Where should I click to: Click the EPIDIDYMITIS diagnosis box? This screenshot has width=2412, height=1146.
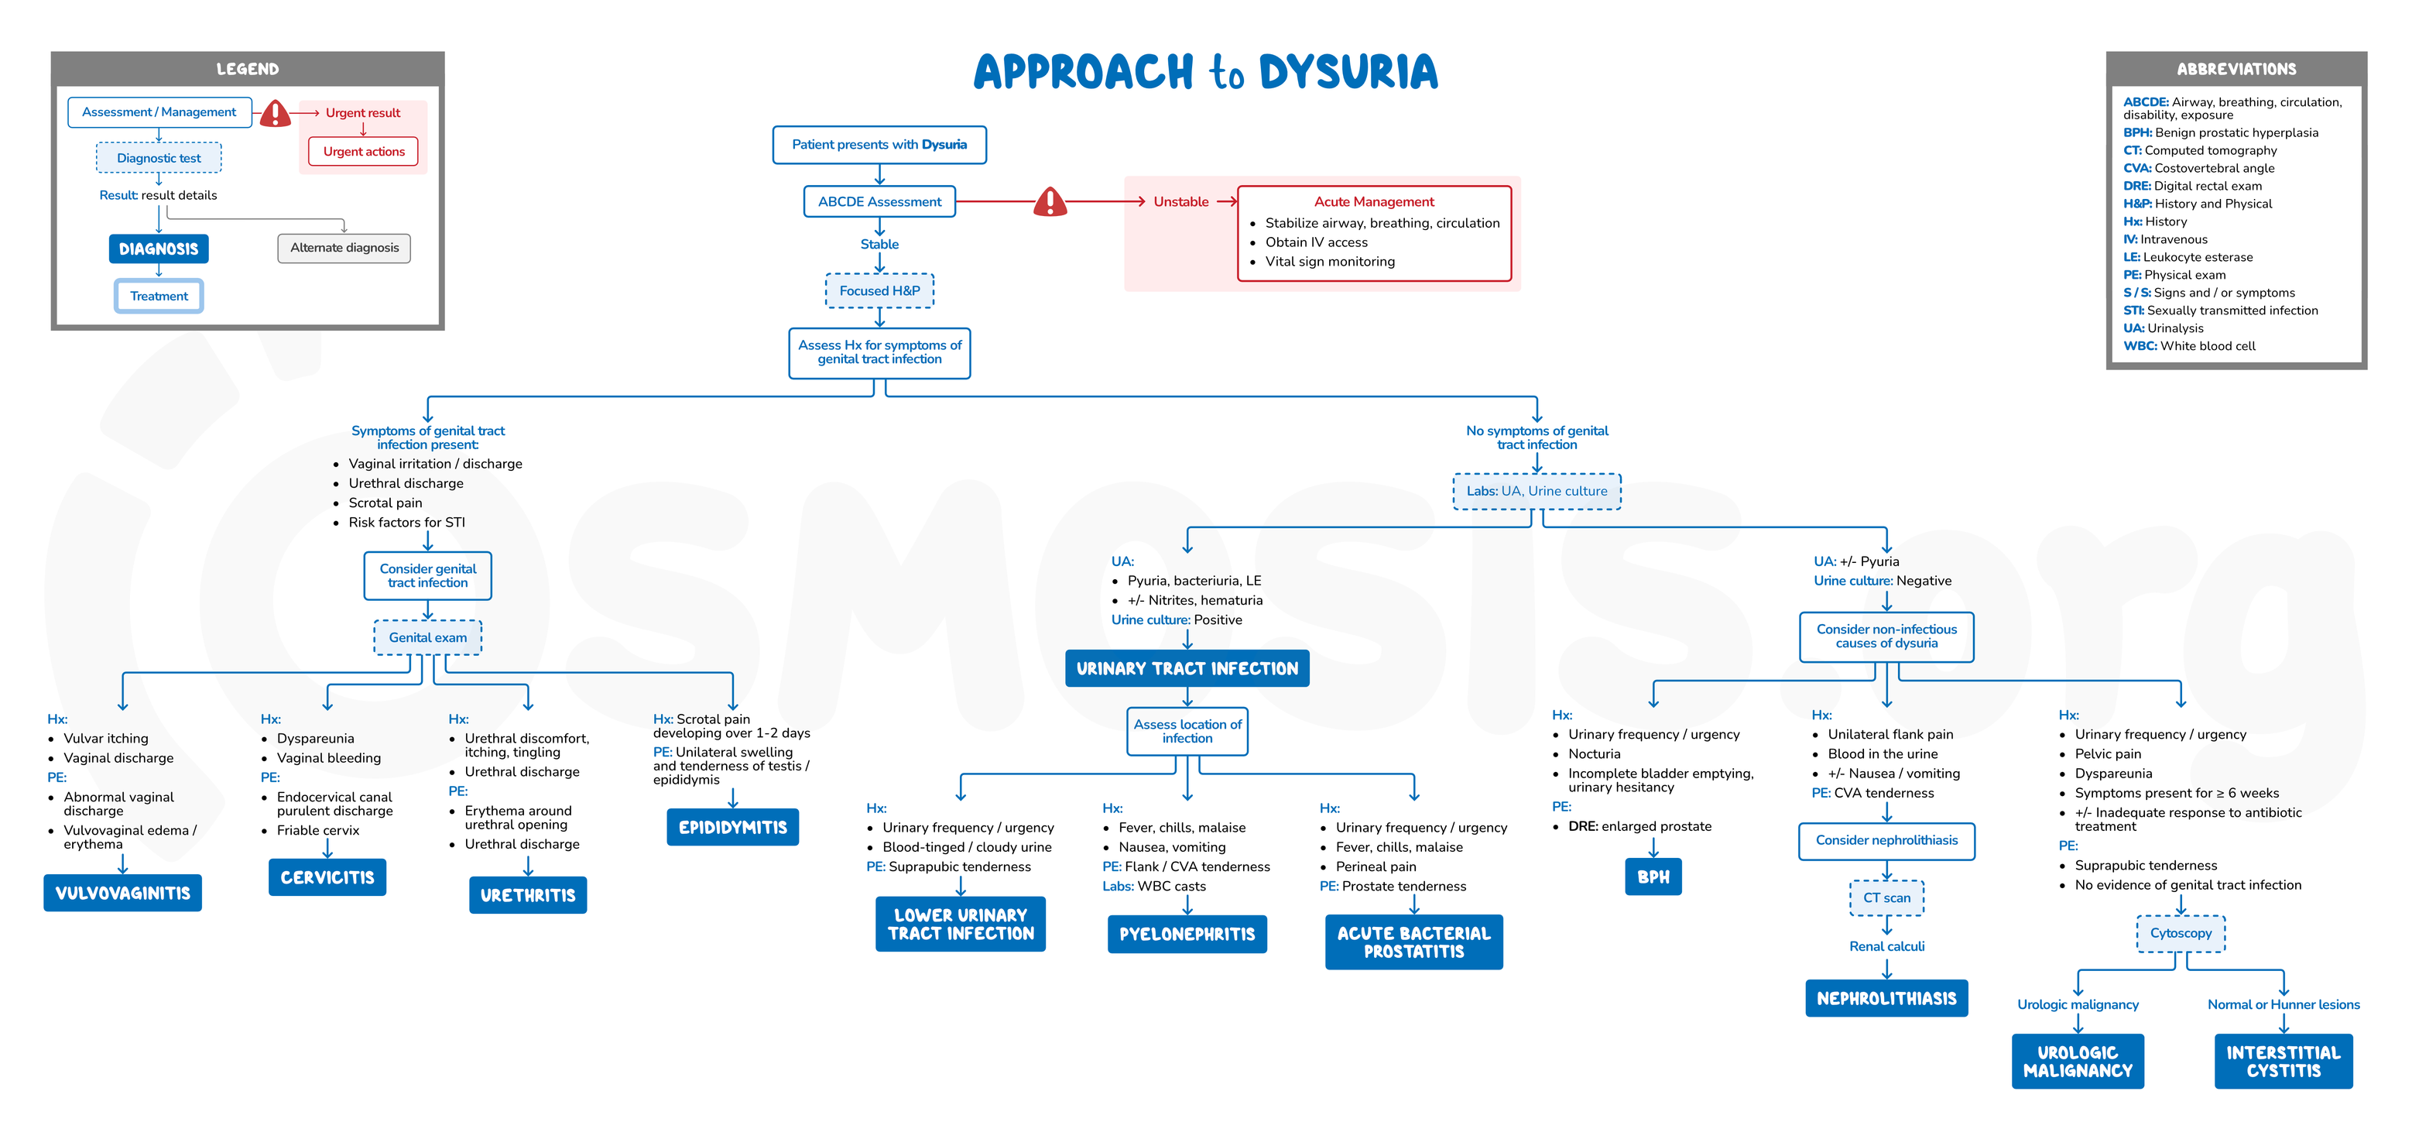(x=732, y=827)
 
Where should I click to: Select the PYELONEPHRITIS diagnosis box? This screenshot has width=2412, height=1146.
(x=1187, y=934)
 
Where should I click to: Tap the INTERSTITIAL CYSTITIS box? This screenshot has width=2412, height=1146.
(x=2283, y=1061)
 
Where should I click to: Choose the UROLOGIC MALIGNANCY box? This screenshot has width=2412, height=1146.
(x=2077, y=1061)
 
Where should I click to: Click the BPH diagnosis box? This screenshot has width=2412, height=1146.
(x=1653, y=877)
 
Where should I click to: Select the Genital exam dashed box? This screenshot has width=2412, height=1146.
(x=428, y=636)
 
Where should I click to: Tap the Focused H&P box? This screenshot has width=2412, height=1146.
(x=879, y=290)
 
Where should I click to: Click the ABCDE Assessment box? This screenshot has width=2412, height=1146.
(x=879, y=201)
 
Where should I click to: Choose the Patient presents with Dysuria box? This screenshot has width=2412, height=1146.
(x=879, y=144)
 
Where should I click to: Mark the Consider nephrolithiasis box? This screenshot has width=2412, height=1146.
(x=1886, y=840)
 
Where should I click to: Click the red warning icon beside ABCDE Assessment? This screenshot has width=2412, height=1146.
(x=1050, y=201)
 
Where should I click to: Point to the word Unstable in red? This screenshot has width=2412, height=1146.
(x=1180, y=201)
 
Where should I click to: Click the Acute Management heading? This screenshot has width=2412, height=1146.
(x=1374, y=201)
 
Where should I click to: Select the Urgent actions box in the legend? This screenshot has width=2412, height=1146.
(x=363, y=151)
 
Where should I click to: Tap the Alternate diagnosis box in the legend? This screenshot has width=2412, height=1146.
(x=344, y=247)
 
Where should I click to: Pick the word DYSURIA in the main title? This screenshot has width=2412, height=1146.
(x=1348, y=72)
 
